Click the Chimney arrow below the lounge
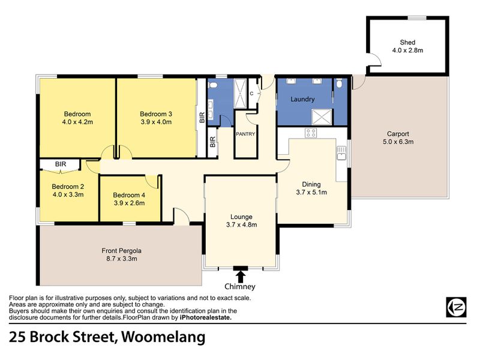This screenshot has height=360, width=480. pos(241,277)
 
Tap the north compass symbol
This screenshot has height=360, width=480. pos(456,307)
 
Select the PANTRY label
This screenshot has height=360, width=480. pos(245,134)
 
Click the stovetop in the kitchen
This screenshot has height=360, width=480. pos(311,133)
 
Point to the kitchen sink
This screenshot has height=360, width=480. pos(341,153)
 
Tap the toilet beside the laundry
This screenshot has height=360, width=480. pos(339,83)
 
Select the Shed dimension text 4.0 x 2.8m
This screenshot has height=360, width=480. pos(407,50)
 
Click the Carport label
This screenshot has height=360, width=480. pos(398,134)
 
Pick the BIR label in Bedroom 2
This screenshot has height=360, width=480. pos(61,164)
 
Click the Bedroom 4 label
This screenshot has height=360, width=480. pos(129,195)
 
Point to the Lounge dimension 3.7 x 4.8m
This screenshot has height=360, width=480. pos(242,224)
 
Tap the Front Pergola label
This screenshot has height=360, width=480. pos(122,251)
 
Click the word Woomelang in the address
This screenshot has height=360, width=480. pos(163,337)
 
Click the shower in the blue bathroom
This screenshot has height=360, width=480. pos(240,94)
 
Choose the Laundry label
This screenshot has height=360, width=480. pos(302,99)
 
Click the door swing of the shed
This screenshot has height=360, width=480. pos(376,59)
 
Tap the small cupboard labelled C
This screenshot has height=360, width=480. pos(253,94)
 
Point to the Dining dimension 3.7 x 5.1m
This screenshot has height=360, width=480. pos(311,192)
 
